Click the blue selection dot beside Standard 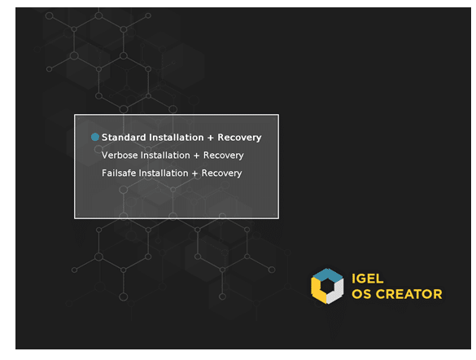tap(95, 137)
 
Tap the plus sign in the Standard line tap(211, 138)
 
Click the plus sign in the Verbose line tap(196, 156)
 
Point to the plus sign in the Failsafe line tap(194, 173)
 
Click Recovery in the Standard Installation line tap(239, 138)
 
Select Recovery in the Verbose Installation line tap(224, 156)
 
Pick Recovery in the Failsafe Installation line tap(221, 173)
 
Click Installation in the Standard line tap(176, 138)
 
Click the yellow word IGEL tap(367, 279)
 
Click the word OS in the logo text tap(361, 294)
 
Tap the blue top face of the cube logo tap(328, 275)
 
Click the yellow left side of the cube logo tap(316, 291)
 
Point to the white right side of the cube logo tap(338, 292)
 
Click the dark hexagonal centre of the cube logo tap(327, 287)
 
